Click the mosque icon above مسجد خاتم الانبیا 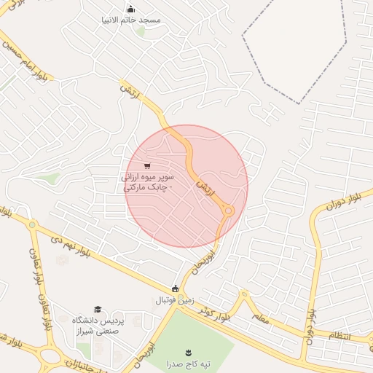[x=130, y=9]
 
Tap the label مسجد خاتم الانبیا [x=131, y=20]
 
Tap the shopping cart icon [x=148, y=165]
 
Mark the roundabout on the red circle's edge [x=228, y=211]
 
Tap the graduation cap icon [x=98, y=310]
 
